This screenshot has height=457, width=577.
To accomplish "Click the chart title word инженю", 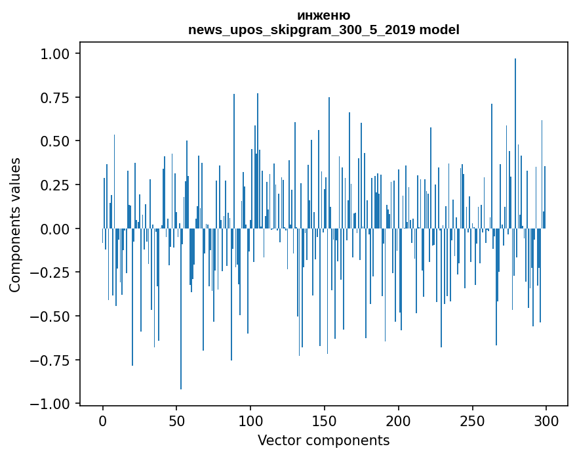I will tap(323, 16).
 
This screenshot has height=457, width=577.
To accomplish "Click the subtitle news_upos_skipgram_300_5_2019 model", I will tap(323, 30).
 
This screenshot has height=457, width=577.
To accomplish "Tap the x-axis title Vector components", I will tap(323, 441).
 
